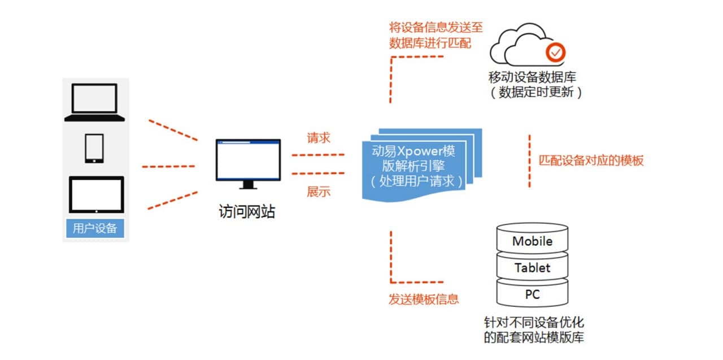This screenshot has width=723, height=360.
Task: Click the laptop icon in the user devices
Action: point(94,102)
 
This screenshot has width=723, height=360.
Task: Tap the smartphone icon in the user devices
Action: point(94,148)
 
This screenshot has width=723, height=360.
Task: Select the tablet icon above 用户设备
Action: point(96,194)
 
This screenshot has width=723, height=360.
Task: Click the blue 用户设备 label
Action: point(95,228)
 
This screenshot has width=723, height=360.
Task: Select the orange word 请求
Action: point(319,138)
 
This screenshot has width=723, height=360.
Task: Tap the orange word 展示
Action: point(319,192)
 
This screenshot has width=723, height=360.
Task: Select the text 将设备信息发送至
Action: point(436,28)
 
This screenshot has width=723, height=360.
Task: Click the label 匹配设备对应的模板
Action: point(591,161)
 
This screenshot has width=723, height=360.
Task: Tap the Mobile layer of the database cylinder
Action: point(532,241)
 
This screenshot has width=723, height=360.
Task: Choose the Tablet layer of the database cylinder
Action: point(532,268)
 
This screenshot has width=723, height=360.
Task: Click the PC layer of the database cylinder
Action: point(532,294)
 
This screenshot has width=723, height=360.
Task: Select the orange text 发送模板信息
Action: point(424,299)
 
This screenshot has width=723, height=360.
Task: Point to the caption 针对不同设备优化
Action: point(534,323)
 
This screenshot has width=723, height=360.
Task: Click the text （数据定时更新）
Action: point(534,92)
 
